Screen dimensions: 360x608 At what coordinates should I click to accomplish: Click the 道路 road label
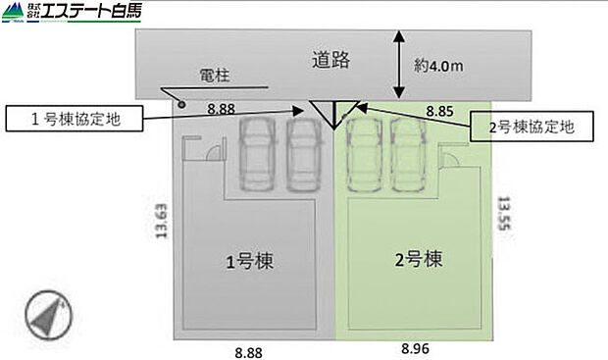(331, 59)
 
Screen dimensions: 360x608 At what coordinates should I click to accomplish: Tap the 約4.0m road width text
(437, 67)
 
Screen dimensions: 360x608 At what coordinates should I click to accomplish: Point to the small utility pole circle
(180, 102)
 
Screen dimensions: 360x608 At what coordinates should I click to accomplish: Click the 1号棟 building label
(249, 262)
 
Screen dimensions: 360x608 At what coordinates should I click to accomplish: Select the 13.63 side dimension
(162, 222)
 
